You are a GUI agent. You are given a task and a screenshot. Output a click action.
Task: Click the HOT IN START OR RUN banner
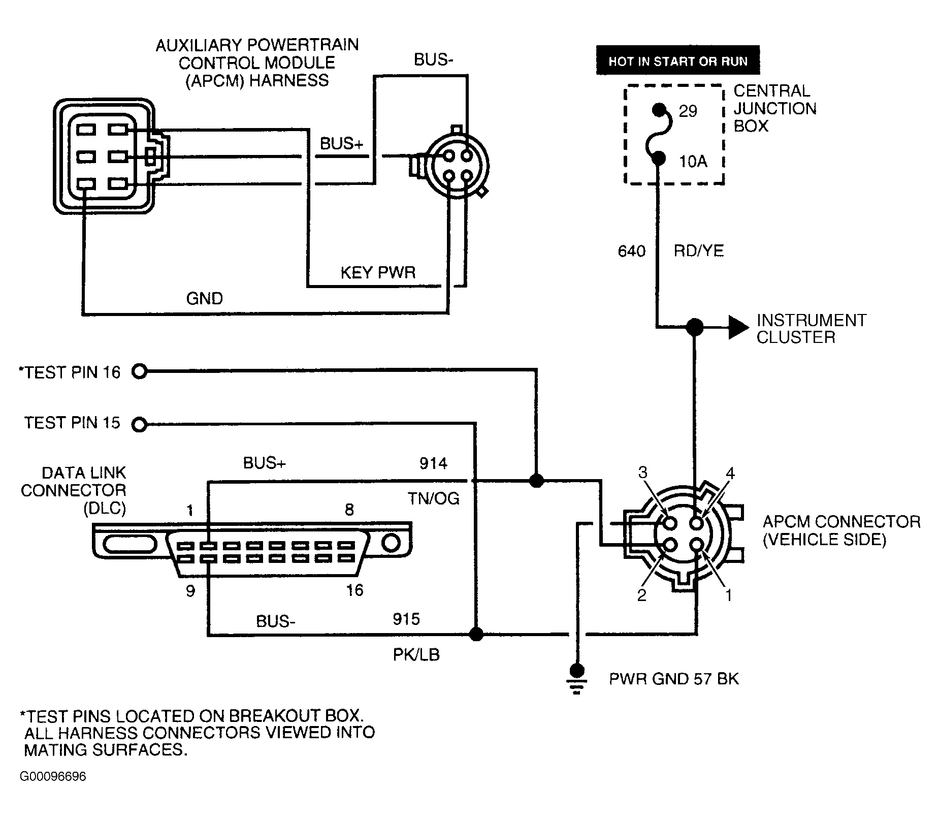(677, 61)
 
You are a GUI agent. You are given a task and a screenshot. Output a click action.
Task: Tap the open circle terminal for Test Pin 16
(139, 372)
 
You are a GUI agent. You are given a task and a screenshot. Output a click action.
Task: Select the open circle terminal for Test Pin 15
(139, 424)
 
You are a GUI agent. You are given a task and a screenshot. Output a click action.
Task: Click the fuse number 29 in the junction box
(688, 111)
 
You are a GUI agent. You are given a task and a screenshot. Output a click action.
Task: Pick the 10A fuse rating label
(693, 162)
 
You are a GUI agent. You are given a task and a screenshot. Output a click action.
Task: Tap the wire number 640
(631, 251)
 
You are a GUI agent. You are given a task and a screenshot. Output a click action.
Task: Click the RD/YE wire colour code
(699, 251)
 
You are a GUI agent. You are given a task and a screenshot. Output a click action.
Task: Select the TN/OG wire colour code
(433, 498)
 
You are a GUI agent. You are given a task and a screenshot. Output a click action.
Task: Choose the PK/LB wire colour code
(416, 655)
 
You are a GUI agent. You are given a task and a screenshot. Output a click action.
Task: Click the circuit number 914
(433, 463)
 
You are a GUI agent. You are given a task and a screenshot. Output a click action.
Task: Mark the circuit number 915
(406, 619)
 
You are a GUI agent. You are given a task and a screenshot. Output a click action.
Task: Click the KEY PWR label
(378, 273)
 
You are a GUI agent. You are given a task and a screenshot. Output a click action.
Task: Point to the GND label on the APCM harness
(205, 298)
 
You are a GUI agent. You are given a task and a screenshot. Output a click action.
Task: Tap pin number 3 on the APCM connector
(643, 473)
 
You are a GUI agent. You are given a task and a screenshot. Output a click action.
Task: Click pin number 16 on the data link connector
(354, 590)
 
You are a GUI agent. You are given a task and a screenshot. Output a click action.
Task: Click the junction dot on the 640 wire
(694, 327)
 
